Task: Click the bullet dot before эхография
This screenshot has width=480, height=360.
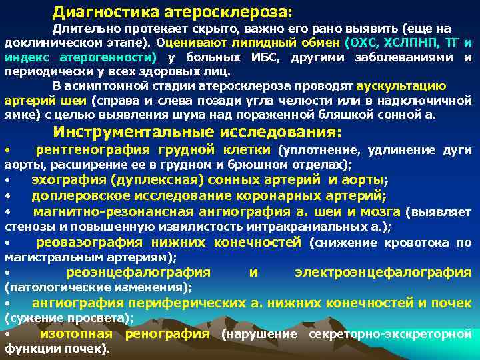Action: coord(7,181)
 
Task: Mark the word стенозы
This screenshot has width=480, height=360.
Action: coord(26,226)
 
